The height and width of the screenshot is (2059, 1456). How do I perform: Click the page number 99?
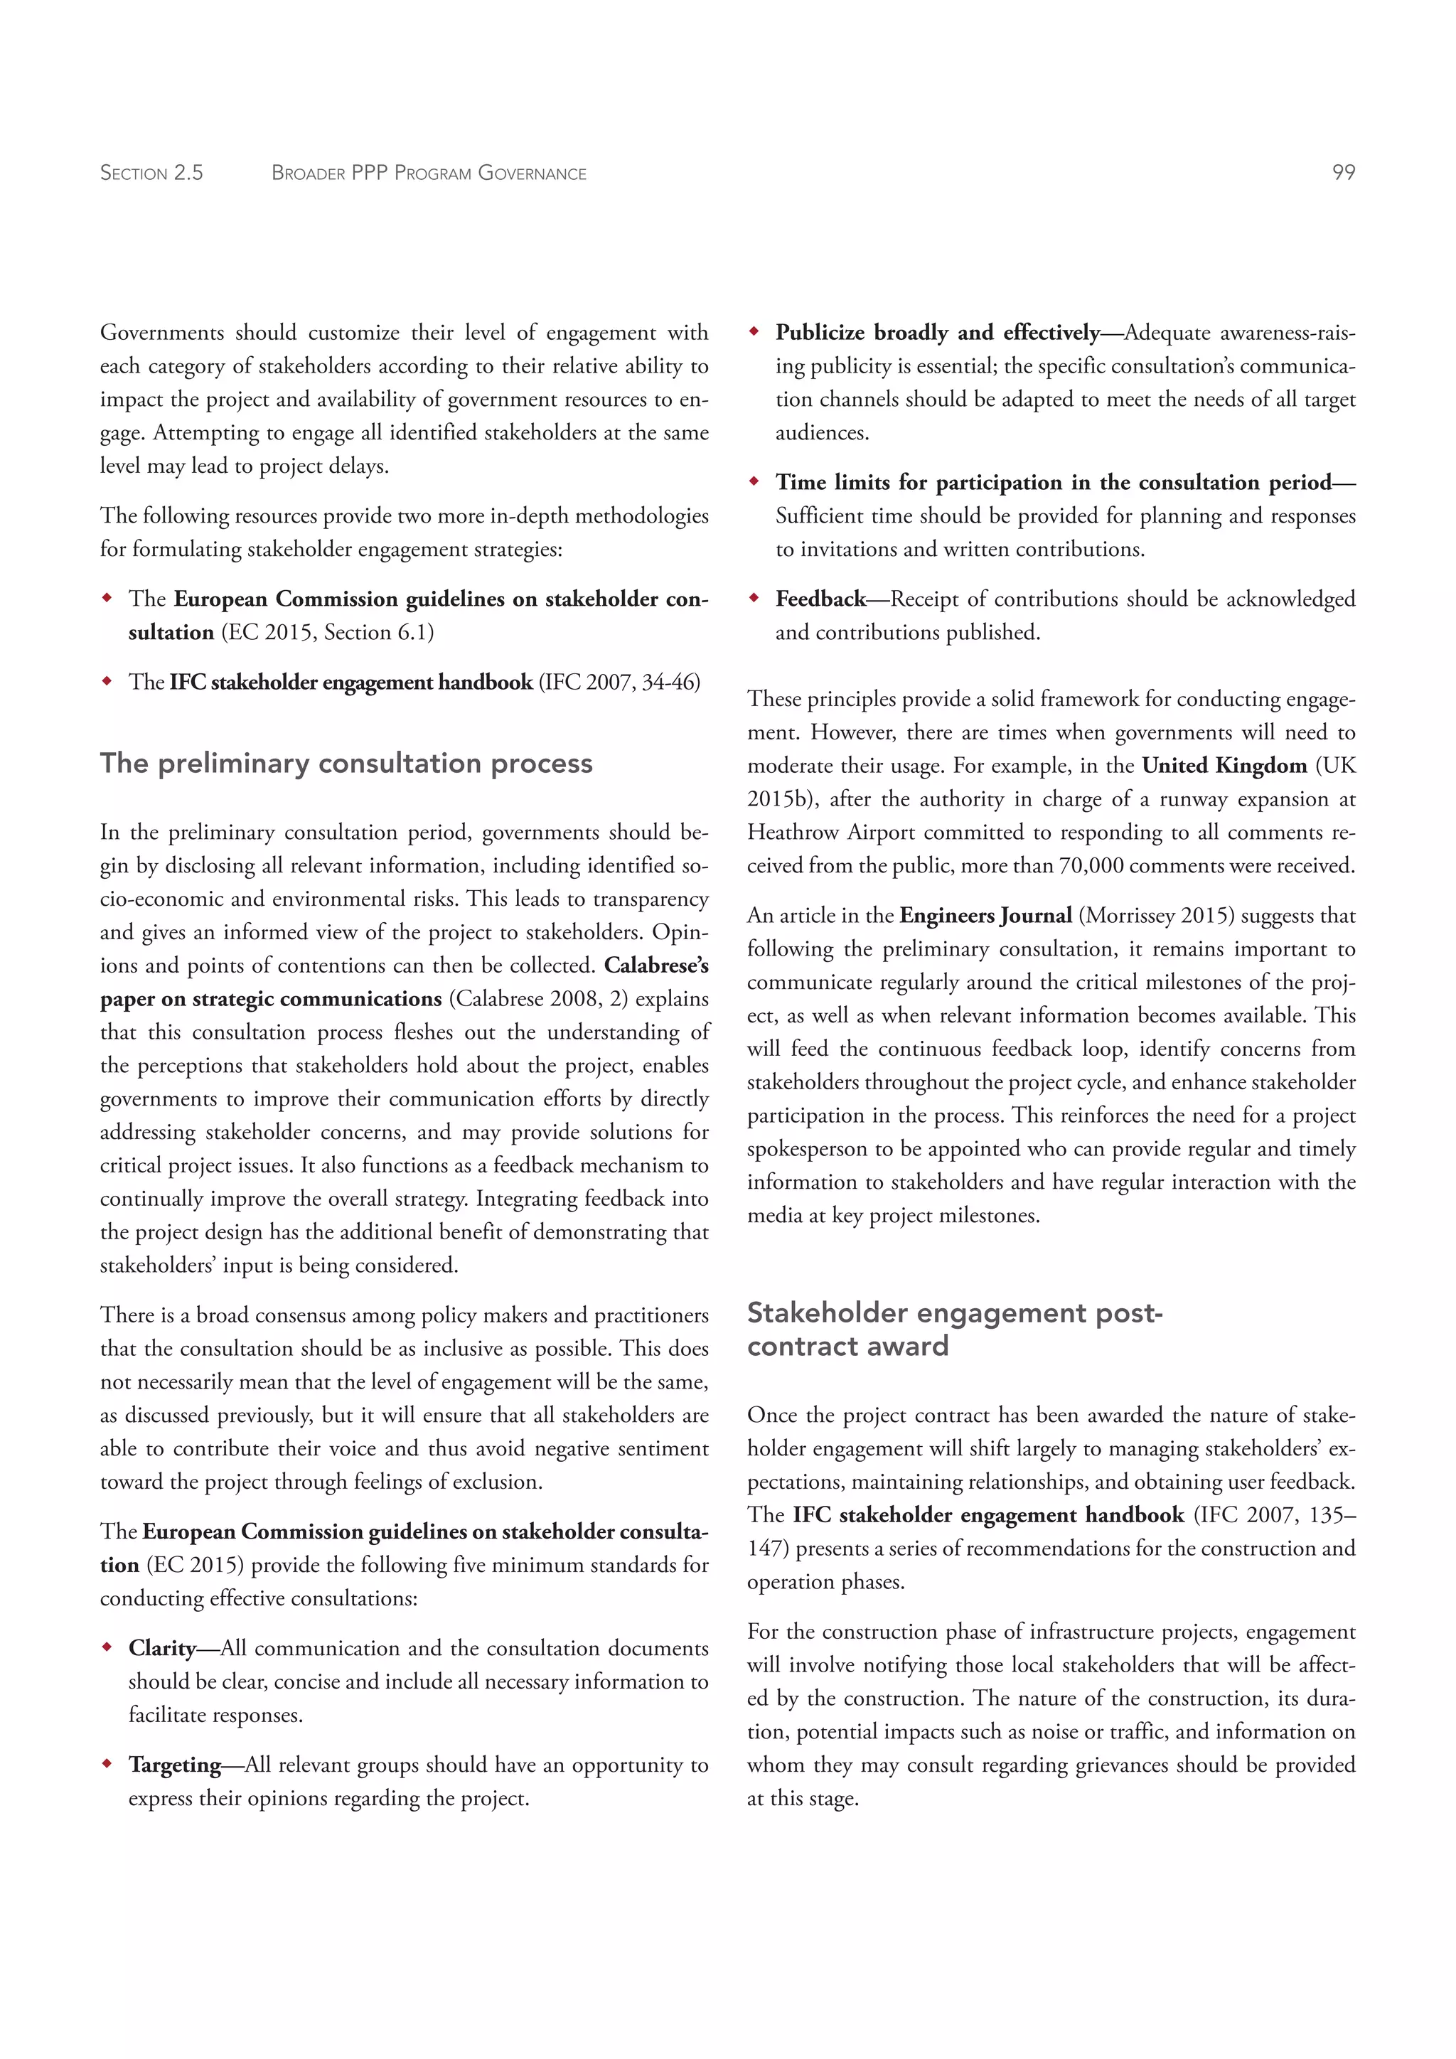[x=1343, y=172]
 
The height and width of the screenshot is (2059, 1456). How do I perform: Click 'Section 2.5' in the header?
[x=151, y=173]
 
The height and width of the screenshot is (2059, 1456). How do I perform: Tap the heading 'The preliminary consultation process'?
[x=346, y=763]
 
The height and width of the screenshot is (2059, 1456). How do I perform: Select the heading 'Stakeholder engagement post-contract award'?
[x=954, y=1329]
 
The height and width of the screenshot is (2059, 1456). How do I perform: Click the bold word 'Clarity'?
[x=161, y=1648]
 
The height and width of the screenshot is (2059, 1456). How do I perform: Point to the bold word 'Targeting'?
[x=174, y=1765]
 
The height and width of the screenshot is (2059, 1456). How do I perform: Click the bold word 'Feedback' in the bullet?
[x=820, y=599]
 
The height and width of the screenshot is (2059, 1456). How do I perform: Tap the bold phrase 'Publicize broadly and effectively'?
[x=937, y=333]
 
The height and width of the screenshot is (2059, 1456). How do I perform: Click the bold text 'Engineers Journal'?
[x=985, y=916]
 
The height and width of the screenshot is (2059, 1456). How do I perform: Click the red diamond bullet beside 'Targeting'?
[x=107, y=1764]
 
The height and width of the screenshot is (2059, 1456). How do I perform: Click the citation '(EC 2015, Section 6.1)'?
[x=326, y=633]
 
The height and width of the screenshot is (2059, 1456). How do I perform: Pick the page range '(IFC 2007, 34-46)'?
[x=619, y=683]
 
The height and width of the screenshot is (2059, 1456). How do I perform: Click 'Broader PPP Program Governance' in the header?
[x=429, y=173]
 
